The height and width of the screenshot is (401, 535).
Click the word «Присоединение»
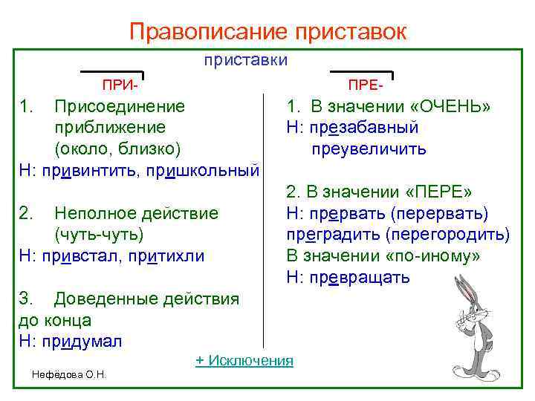pos(120,106)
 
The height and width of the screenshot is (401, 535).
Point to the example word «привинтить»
pos(91,171)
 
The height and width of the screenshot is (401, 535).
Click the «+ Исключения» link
pos(244,361)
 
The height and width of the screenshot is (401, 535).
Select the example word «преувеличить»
pos(369,149)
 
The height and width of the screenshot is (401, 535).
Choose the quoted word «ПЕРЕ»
pos(437,192)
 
